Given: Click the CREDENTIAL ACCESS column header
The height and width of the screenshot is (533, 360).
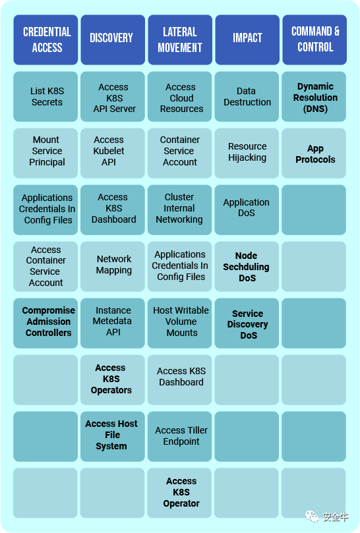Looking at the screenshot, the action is [45, 40].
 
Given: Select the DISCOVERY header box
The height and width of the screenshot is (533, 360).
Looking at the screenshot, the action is [113, 40].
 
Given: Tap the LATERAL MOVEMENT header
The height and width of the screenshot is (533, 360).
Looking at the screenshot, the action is [180, 40].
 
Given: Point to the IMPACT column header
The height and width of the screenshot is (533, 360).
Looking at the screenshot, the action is [247, 40].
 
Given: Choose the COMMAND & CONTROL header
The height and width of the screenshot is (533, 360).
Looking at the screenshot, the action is [315, 40].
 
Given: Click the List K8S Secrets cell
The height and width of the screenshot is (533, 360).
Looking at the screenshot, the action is [45, 97].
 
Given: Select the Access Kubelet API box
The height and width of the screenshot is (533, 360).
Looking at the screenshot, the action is [113, 154].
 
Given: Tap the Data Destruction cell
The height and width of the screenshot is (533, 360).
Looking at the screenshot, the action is [247, 97].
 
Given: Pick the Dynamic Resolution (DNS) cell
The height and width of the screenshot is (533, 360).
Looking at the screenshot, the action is [314, 97].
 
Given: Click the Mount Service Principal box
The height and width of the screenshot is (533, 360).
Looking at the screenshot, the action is [45, 154].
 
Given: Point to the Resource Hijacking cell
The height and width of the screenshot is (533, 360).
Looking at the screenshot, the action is [247, 154].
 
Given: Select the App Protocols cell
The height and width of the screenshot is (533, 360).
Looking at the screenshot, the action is [314, 154].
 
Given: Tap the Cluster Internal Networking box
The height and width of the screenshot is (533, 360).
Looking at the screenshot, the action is [179, 210].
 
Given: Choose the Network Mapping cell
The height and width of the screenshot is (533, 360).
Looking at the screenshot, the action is [113, 266].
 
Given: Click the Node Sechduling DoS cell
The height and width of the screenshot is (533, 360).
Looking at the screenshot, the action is [247, 266].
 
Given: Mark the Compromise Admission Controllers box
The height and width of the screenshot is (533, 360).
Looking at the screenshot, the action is [45, 323].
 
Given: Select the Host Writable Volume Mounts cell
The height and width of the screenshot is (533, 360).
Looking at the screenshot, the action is [179, 323].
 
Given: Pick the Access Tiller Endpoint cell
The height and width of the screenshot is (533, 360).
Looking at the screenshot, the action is [179, 436].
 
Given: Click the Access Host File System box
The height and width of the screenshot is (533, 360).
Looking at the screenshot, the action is [113, 436].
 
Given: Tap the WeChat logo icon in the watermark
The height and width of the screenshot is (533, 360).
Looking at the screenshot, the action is [312, 517].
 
